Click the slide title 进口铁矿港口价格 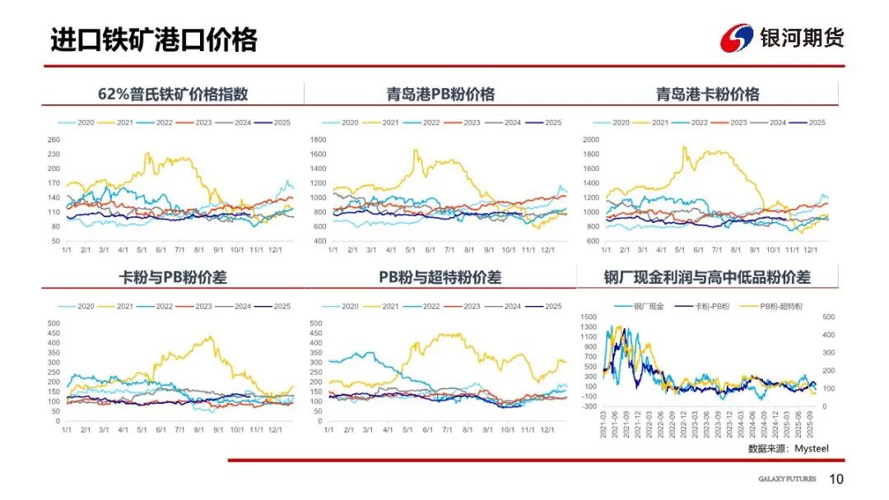154,39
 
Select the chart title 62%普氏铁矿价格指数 172,94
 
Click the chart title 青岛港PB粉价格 441,94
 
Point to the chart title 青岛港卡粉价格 708,94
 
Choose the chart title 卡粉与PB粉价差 173,277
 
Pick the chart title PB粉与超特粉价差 440,277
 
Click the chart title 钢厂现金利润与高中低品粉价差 707,277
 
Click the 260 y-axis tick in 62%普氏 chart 54,140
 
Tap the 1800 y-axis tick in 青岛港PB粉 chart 319,140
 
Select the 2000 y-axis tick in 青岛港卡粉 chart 590,140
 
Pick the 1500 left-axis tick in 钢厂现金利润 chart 589,317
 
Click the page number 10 836,479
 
